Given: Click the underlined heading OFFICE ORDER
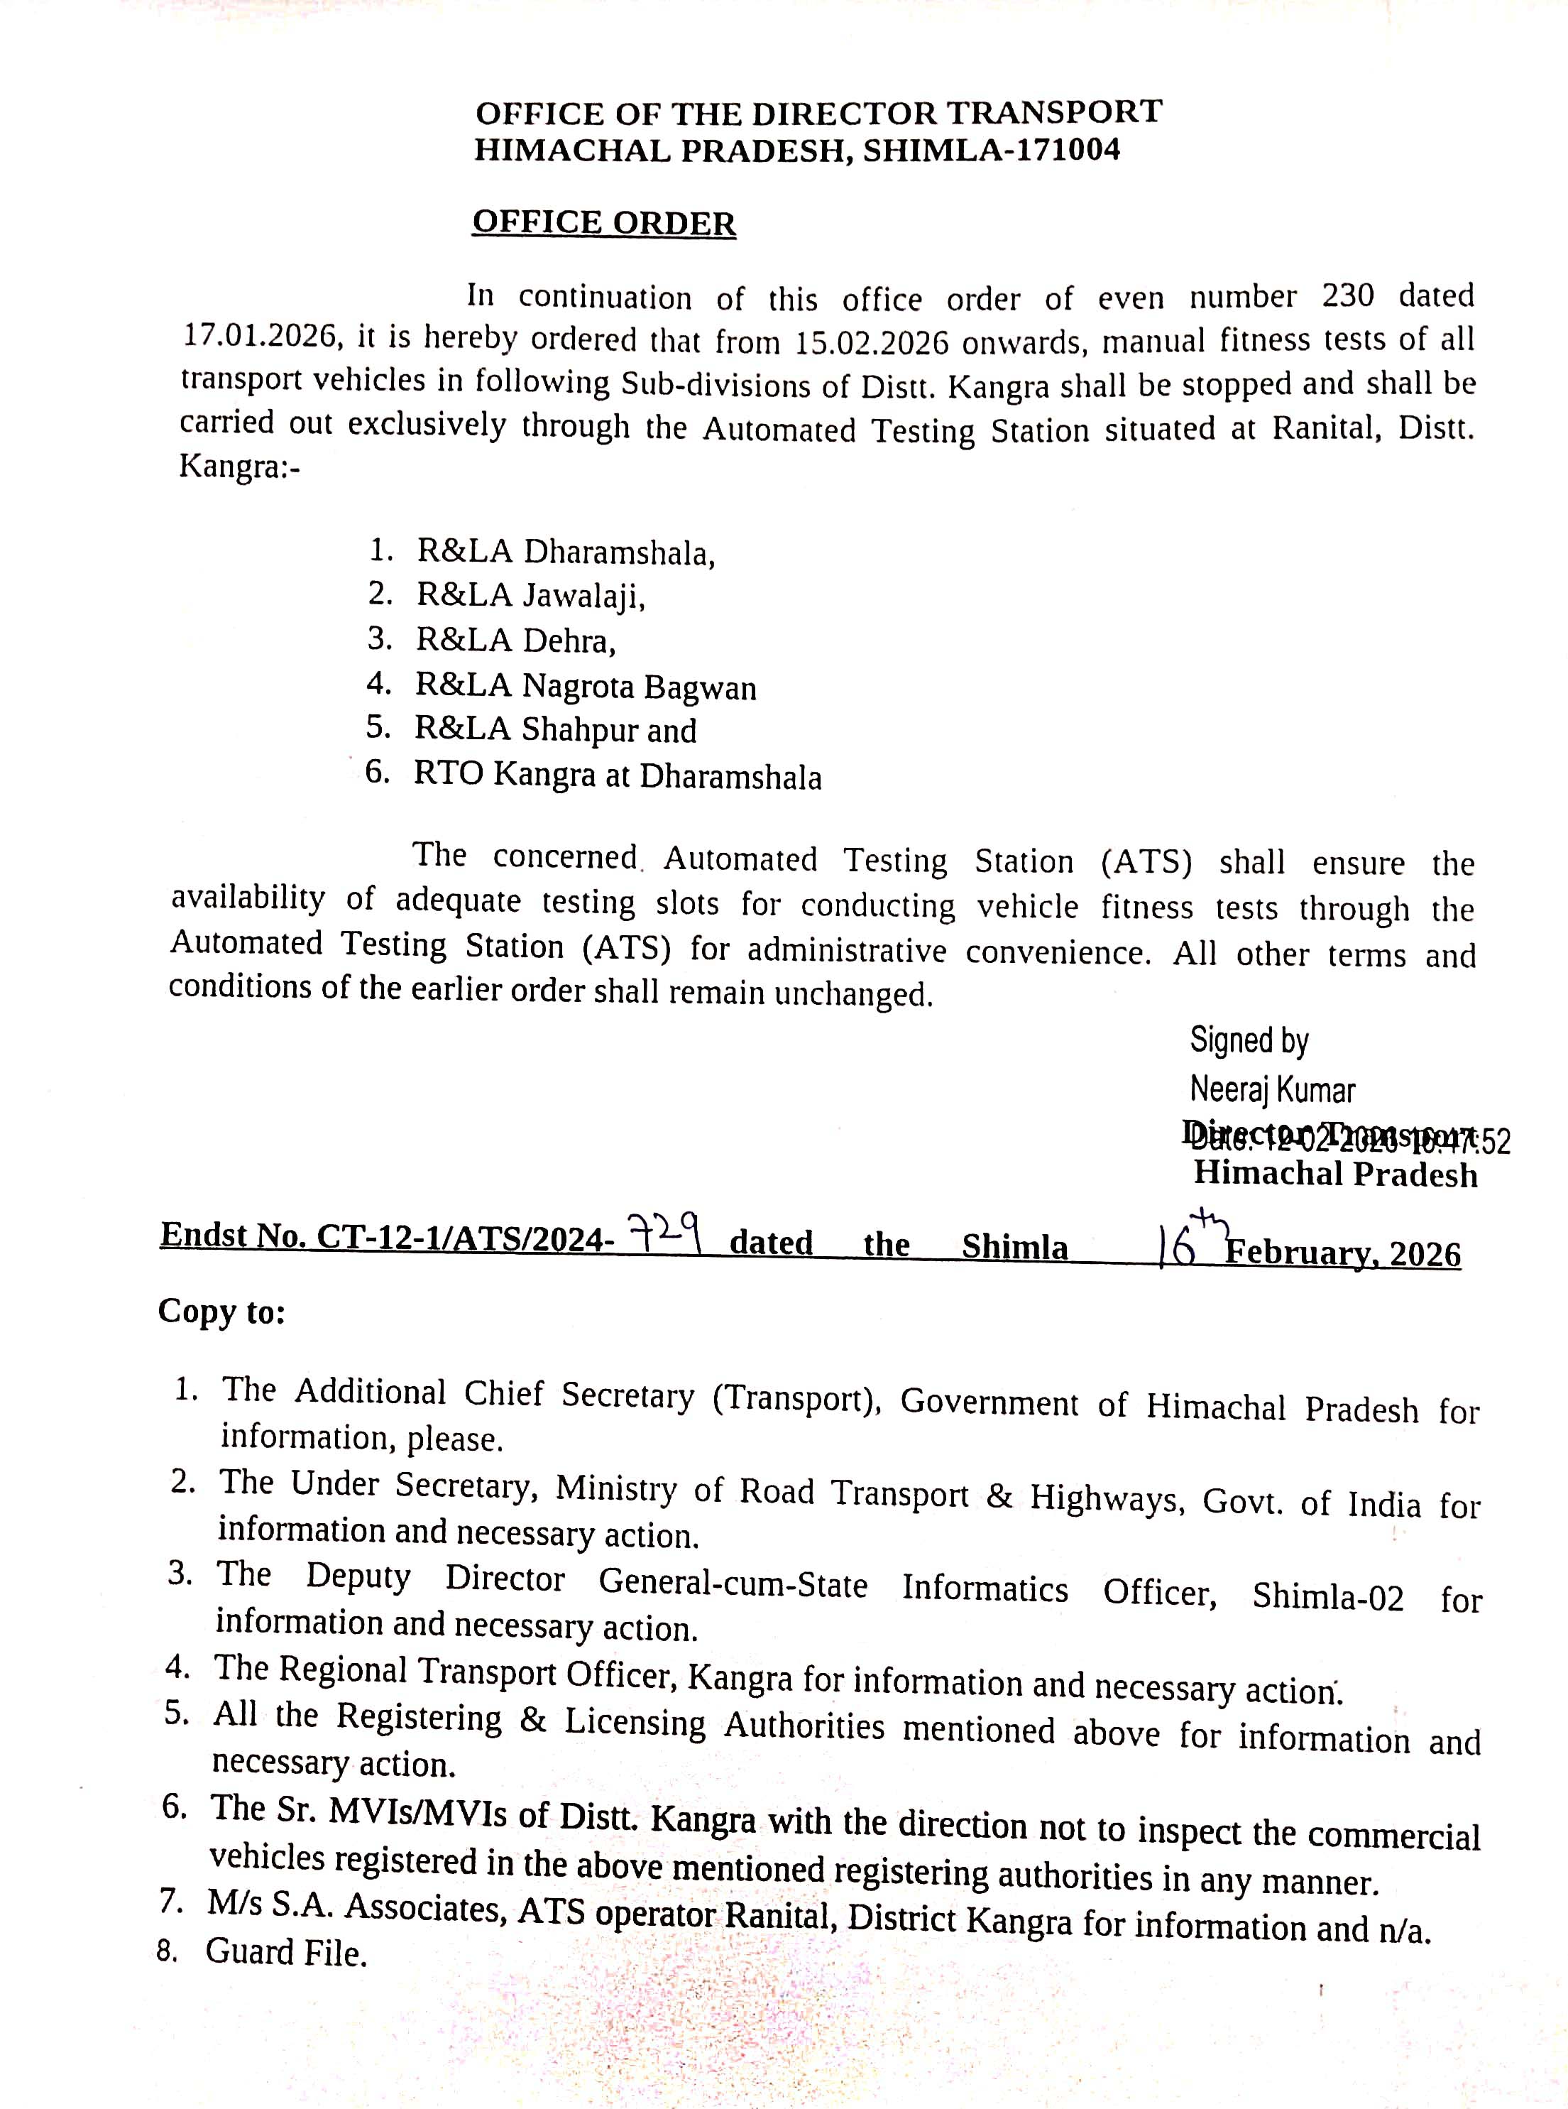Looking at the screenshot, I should point(603,223).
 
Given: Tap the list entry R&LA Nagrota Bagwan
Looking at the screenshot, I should point(586,685).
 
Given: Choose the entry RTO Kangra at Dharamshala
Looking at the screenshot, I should point(617,776).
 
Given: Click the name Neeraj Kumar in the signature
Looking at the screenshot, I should point(1272,1090).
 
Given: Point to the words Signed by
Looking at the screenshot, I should point(1249,1041).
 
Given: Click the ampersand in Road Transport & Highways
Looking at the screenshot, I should point(999,1498).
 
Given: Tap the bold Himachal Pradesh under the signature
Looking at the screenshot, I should point(1335,1175).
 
